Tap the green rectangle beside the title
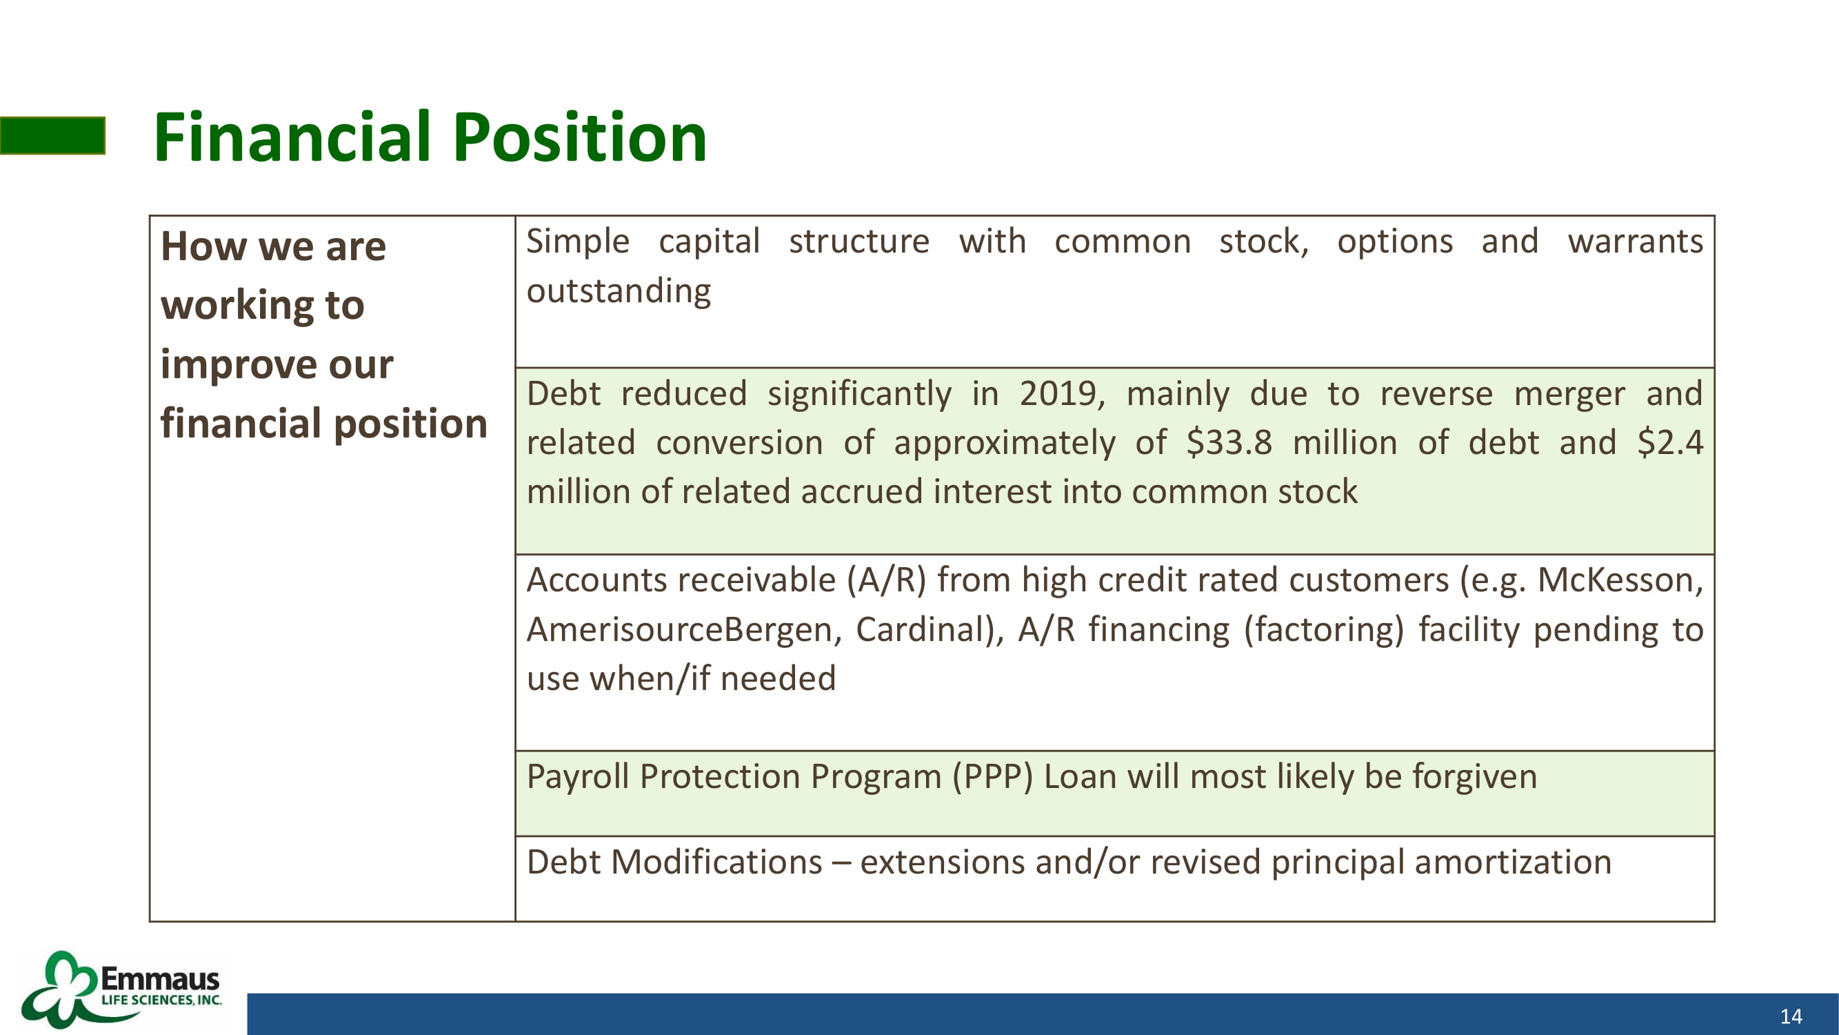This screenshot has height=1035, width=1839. coord(53,136)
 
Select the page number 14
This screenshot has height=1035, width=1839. coord(1791,1016)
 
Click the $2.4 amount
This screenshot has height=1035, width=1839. coord(1670,442)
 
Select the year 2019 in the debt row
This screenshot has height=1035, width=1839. coord(1062,393)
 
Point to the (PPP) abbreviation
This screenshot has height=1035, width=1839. coord(992,776)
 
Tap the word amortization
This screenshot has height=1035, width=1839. coord(1513,862)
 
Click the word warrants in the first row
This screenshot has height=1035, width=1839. coord(1635,241)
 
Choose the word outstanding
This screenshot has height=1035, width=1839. coord(619,291)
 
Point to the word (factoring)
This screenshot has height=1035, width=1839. coord(1323,630)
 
